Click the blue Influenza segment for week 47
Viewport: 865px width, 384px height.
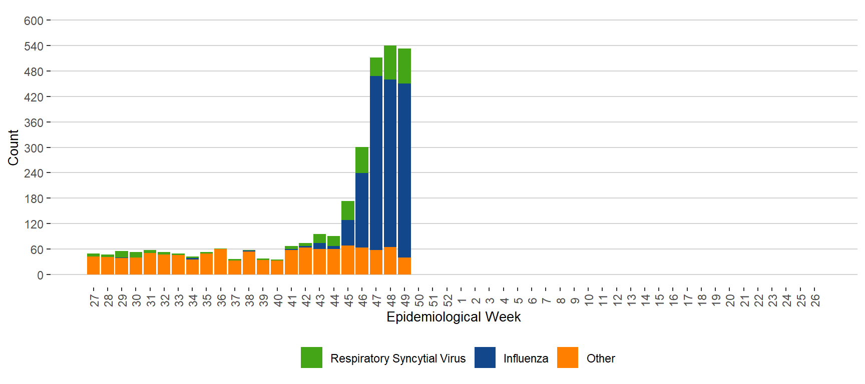376,162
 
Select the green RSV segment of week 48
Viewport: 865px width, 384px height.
390,62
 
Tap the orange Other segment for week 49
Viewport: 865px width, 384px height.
404,266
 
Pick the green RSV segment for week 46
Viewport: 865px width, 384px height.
362,160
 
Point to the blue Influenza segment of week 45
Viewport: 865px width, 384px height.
348,232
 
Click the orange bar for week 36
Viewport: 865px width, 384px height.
220,261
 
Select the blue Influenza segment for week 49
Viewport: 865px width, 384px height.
404,170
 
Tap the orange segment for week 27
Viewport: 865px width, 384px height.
93,265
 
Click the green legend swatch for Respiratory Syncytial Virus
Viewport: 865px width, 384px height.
311,357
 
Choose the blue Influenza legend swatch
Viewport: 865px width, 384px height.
485,357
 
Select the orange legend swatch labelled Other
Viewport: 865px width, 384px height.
568,357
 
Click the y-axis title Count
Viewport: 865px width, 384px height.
13,147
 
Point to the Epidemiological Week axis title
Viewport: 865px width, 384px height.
454,317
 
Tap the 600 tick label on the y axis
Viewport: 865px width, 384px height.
34,21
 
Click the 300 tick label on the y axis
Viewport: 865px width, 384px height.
34,148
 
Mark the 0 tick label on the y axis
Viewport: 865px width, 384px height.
40,275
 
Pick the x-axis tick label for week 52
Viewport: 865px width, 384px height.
448,300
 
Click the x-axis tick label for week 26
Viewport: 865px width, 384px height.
815,300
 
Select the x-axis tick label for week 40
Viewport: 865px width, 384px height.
278,300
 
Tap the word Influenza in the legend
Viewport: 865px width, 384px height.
526,358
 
